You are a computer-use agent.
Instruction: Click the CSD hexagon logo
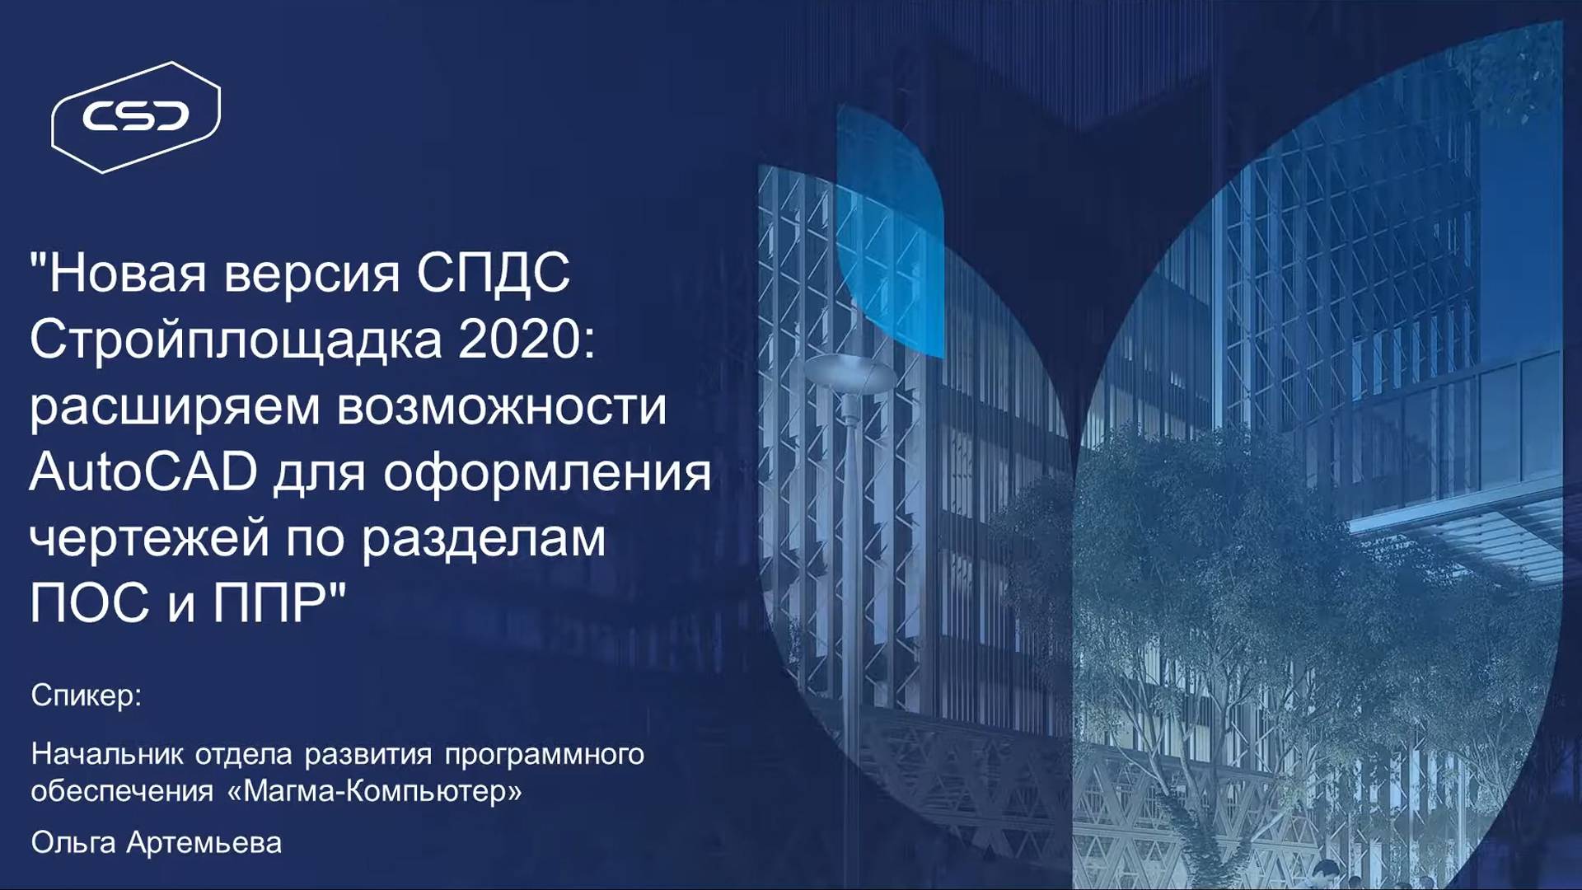click(x=136, y=116)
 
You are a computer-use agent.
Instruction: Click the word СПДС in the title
click(x=493, y=273)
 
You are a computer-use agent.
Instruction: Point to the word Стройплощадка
click(x=236, y=340)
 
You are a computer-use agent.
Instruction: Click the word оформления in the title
click(x=547, y=473)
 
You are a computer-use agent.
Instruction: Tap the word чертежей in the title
click(x=149, y=539)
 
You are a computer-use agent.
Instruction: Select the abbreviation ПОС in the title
click(x=90, y=603)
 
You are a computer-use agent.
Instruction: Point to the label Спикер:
click(x=87, y=696)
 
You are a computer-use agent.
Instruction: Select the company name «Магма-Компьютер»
click(x=375, y=792)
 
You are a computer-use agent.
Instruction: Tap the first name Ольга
click(x=73, y=843)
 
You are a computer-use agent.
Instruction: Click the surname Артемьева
click(x=204, y=843)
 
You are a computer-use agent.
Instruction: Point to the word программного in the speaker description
click(x=544, y=755)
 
